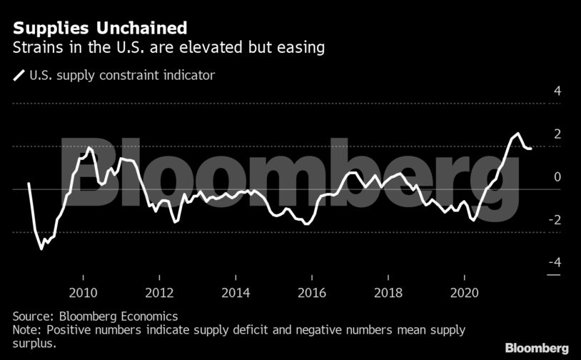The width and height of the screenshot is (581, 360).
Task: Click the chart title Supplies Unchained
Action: [101, 29]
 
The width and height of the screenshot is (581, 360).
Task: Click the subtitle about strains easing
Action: [169, 49]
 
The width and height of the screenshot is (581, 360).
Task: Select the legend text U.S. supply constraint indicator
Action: [122, 74]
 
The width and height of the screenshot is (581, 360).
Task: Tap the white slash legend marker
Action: [19, 74]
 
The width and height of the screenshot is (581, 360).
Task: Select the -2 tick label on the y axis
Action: [555, 220]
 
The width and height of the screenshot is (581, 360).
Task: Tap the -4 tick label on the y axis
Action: [555, 263]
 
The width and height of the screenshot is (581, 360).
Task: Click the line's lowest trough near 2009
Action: [41, 249]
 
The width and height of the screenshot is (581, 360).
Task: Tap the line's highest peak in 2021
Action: [517, 134]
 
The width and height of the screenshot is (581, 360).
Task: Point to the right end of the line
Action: [531, 149]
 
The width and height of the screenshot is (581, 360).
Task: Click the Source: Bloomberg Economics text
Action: [96, 316]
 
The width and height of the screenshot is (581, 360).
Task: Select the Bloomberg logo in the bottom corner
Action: [536, 348]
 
